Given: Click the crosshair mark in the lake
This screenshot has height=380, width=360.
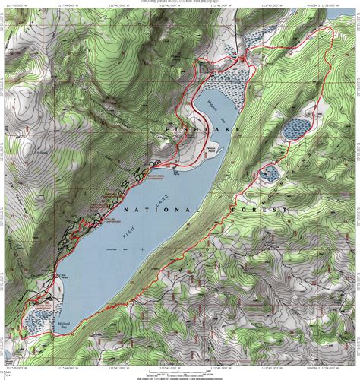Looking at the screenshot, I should pos(142,249).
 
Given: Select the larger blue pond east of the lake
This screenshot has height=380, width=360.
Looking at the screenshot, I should pos(296,128).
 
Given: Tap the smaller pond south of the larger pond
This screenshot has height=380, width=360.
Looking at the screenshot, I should pos(267,174).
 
